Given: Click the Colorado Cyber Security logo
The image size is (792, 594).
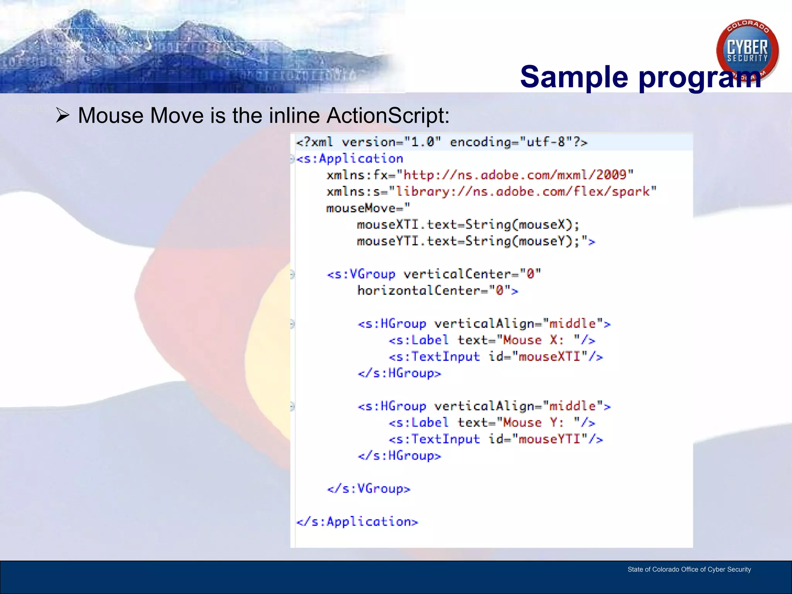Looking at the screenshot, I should pos(747,50).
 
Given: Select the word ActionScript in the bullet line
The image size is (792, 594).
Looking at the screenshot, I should pos(388,115).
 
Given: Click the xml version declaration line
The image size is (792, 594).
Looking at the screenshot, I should pos(441,142).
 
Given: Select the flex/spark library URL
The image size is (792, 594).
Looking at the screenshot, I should pos(522,191).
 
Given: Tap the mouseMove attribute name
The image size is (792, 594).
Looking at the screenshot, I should pos(361,208).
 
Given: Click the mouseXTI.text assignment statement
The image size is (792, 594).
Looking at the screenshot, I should pos(468,225).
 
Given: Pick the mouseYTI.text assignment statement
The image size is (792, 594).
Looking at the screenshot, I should pos(468,241).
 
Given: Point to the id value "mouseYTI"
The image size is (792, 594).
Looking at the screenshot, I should pos(549,439).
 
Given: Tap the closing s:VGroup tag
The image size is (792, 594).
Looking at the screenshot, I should pos(369,489).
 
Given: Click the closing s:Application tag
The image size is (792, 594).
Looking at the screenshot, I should pos(357,522).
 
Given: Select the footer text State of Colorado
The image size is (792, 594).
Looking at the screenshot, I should pos(689,569).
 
